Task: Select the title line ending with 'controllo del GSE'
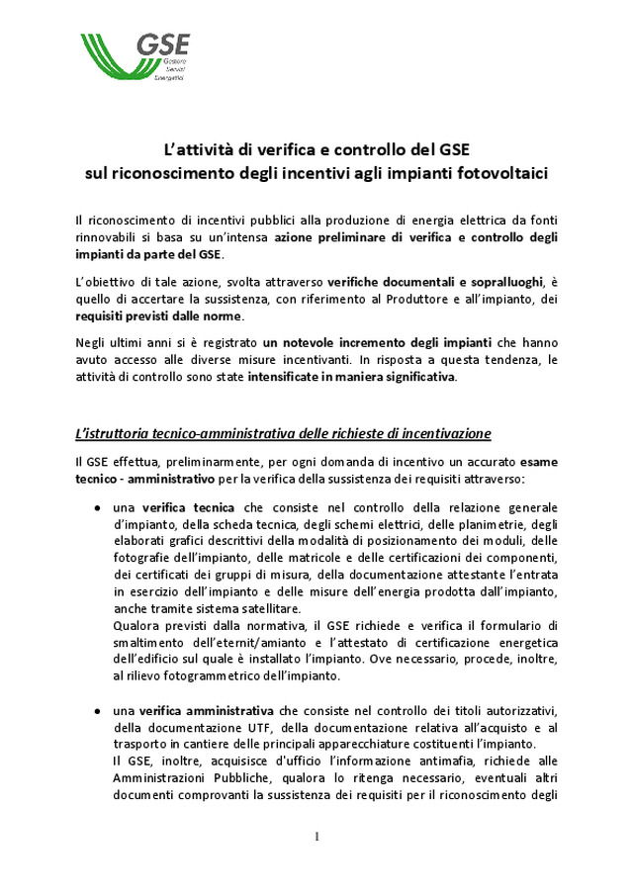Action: point(316,151)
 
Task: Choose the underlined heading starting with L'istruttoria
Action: point(283,433)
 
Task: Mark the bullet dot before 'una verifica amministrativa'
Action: point(97,711)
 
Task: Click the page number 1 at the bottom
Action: point(316,837)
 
